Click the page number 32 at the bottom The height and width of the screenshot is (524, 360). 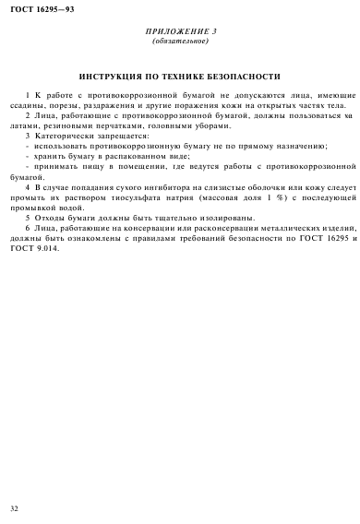click(x=13, y=508)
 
